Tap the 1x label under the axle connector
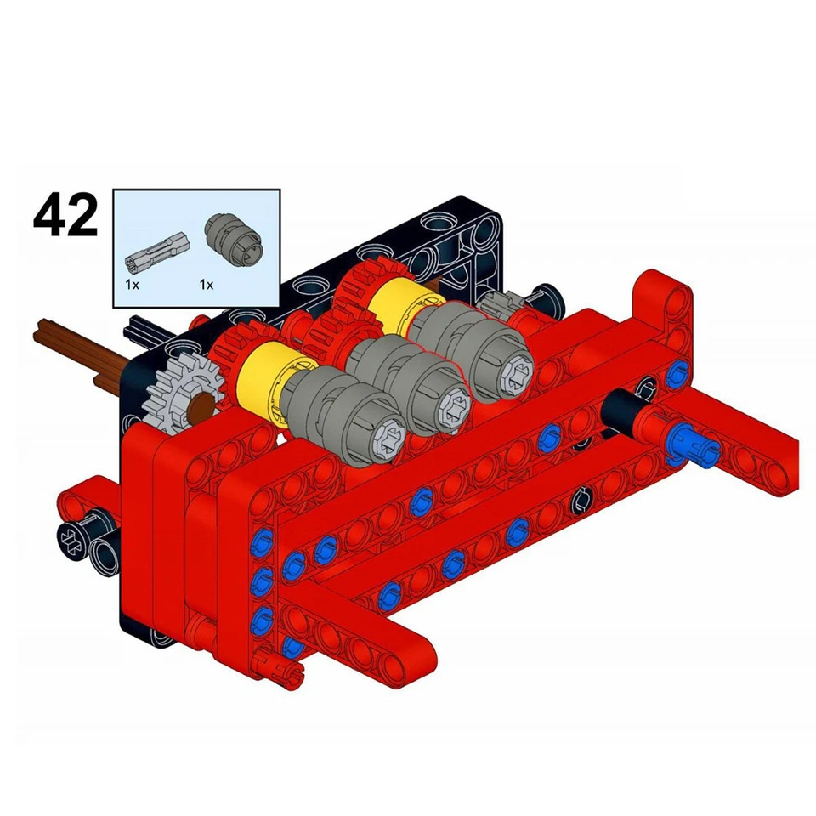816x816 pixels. pos(132,286)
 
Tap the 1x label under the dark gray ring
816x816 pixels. pos(206,286)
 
